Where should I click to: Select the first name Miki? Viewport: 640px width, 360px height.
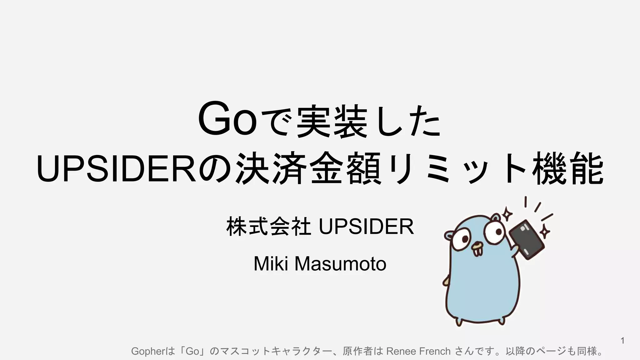coord(271,264)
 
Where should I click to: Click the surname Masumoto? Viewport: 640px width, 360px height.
coord(340,264)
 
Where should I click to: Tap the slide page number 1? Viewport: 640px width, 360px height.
coord(622,341)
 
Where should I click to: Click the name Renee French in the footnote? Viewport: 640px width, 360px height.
coord(418,351)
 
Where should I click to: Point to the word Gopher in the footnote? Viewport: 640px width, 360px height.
coord(147,351)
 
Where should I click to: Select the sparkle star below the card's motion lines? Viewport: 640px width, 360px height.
coord(545,231)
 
